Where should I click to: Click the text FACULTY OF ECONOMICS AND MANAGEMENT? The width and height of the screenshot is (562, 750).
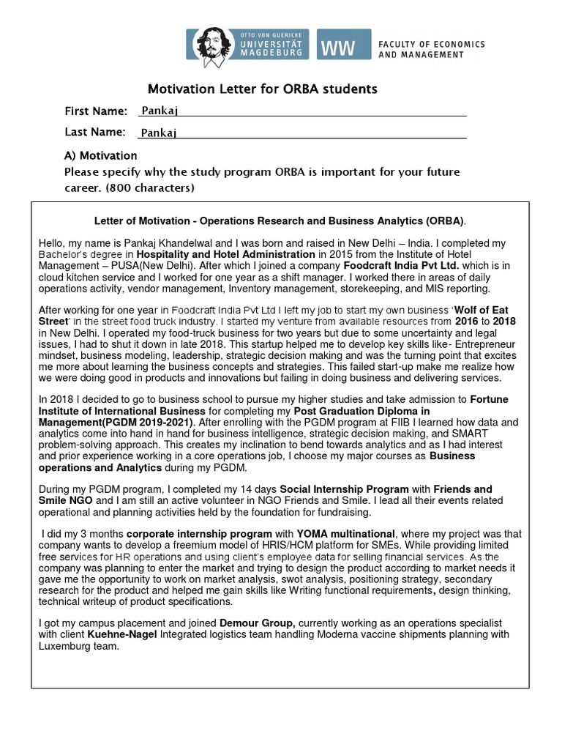(x=431, y=49)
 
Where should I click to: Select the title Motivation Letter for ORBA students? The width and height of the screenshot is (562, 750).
(x=263, y=89)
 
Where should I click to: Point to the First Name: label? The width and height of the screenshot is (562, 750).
(x=96, y=111)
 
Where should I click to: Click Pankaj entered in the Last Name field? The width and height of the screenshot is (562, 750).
(x=160, y=133)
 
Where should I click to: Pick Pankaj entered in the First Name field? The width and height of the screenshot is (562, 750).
(x=160, y=111)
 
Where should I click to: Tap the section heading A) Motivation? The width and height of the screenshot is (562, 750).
(x=100, y=155)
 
